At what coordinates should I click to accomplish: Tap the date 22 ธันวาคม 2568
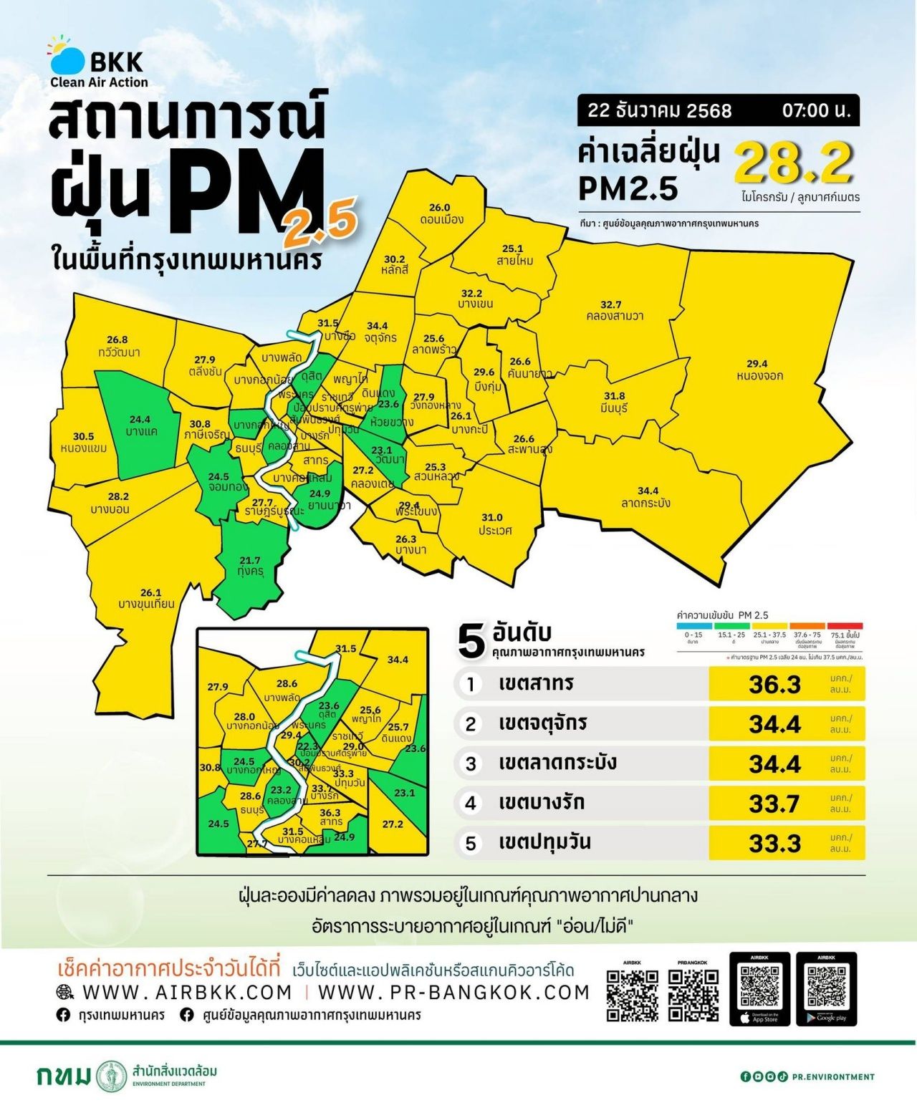[659, 110]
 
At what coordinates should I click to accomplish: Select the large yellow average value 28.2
[794, 163]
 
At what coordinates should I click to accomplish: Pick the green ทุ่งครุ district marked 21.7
[250, 567]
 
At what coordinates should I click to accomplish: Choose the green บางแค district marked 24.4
[140, 426]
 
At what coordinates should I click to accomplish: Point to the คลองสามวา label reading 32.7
[614, 310]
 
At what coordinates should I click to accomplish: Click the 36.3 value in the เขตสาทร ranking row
[774, 685]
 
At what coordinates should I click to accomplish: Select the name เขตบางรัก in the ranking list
[542, 802]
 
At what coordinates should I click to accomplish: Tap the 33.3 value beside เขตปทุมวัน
[774, 844]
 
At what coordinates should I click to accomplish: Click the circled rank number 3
[471, 763]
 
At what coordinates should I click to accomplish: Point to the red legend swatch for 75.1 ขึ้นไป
[845, 626]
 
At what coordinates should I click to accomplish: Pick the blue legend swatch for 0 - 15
[693, 626]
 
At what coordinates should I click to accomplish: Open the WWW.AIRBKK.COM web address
[187, 992]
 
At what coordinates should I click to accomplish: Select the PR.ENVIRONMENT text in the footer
[833, 1076]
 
